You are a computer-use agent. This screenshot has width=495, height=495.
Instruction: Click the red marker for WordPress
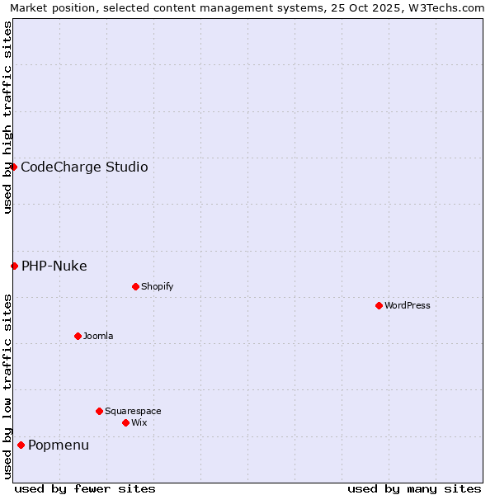click(379, 305)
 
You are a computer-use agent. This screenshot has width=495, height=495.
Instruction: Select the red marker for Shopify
click(135, 286)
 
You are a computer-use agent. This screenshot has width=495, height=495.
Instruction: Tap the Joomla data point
click(78, 336)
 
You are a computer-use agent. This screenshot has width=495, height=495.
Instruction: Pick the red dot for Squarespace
click(99, 411)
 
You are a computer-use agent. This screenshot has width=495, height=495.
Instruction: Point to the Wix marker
click(125, 422)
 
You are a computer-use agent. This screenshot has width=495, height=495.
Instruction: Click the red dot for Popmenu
click(21, 445)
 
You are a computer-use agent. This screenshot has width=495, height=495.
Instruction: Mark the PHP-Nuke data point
click(14, 266)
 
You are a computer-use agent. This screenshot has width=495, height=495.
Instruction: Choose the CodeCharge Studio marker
click(13, 167)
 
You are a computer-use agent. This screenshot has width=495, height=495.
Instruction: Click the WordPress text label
click(408, 305)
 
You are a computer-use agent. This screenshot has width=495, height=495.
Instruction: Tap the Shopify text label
click(158, 286)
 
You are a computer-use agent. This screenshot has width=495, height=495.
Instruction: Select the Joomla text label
click(98, 336)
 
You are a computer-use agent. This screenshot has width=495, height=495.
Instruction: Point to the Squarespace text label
click(133, 411)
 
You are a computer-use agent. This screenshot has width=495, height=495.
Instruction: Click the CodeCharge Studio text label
click(84, 167)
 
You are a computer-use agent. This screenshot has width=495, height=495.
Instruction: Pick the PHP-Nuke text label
click(54, 266)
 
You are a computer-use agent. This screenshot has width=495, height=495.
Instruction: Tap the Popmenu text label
click(59, 445)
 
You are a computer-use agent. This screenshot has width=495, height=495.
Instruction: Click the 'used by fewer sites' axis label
click(85, 488)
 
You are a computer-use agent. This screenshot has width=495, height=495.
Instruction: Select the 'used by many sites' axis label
click(414, 488)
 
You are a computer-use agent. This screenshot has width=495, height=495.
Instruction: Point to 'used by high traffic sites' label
click(7, 117)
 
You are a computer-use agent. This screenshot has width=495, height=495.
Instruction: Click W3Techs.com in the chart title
click(445, 7)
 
